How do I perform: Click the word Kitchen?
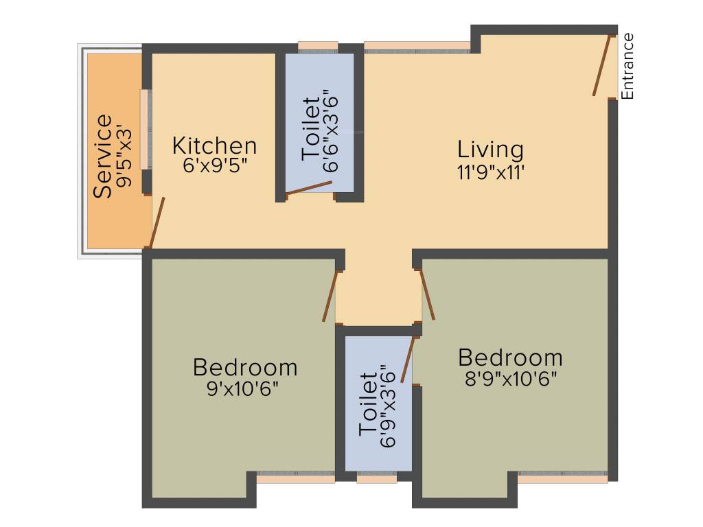pos(214,146)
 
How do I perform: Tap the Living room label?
pos(490,149)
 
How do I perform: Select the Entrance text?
pos(627,66)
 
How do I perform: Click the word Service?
pos(103,156)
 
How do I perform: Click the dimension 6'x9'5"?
pos(215,167)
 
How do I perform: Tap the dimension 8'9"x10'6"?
pos(510,378)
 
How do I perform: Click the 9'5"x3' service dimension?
pos(124,156)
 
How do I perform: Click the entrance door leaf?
pos(602,65)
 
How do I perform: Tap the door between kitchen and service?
pos(157,222)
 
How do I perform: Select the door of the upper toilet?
pos(309,188)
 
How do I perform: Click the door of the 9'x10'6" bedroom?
pos(331,296)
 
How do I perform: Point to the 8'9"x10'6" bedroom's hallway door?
pos(427,294)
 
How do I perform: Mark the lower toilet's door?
pos(408,358)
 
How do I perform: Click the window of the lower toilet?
pos(376,478)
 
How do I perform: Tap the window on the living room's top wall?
pos(417,47)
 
